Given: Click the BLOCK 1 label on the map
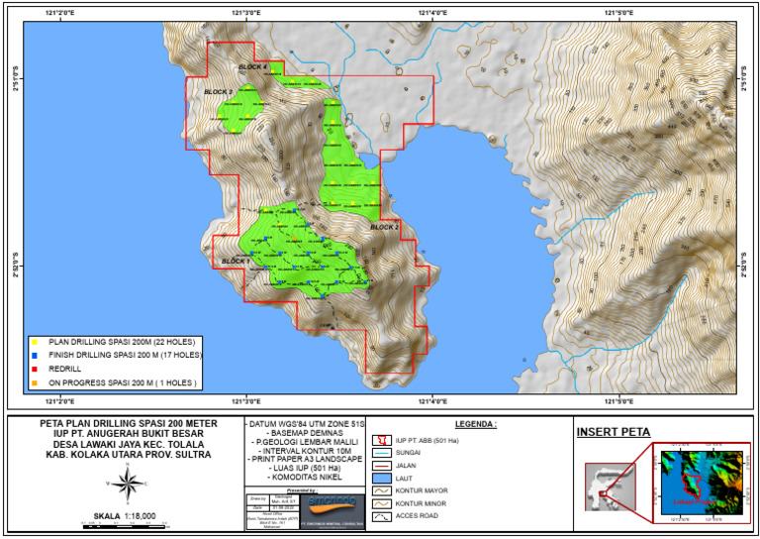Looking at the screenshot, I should (x=236, y=261).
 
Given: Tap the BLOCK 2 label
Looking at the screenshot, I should (x=384, y=227).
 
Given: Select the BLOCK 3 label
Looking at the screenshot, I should (x=218, y=92).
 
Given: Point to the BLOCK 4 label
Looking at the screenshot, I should (x=252, y=66).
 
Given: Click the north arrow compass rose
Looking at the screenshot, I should (x=127, y=483).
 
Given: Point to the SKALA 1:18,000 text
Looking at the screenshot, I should (x=125, y=515).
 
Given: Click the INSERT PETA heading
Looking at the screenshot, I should (x=614, y=431).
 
